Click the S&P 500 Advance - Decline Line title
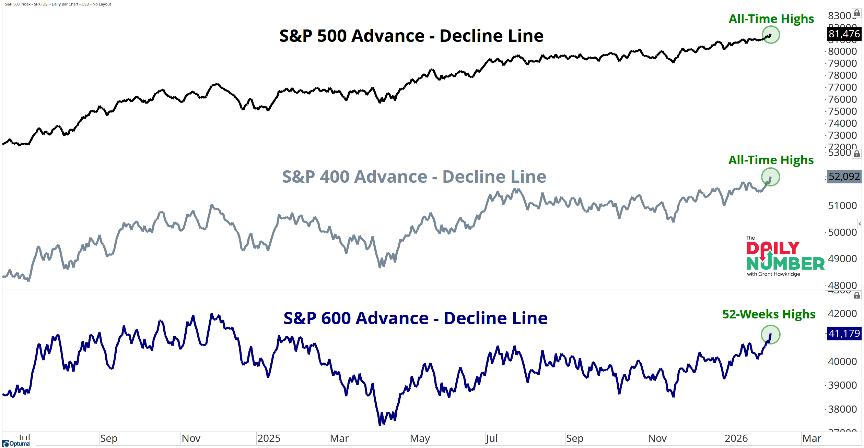pyautogui.click(x=411, y=36)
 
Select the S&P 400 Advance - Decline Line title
pyautogui.click(x=414, y=177)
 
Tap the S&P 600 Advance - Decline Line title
pyautogui.click(x=415, y=318)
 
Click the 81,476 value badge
pyautogui.click(x=844, y=34)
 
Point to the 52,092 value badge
pyautogui.click(x=844, y=177)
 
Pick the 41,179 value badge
pyautogui.click(x=844, y=333)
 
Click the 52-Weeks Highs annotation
pyautogui.click(x=769, y=314)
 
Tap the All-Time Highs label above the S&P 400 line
pyautogui.click(x=771, y=160)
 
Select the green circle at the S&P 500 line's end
pyautogui.click(x=771, y=35)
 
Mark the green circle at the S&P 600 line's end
pyautogui.click(x=770, y=335)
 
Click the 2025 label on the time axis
pyautogui.click(x=269, y=438)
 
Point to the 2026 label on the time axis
pyautogui.click(x=736, y=438)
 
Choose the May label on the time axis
pyautogui.click(x=420, y=438)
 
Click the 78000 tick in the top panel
pyautogui.click(x=842, y=75)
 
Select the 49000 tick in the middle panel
pyautogui.click(x=842, y=259)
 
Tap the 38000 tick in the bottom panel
pyautogui.click(x=842, y=409)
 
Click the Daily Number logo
pyautogui.click(x=785, y=257)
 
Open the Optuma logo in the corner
pyautogui.click(x=16, y=444)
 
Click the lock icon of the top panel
pyautogui.click(x=856, y=13)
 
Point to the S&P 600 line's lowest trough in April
pyautogui.click(x=380, y=424)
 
